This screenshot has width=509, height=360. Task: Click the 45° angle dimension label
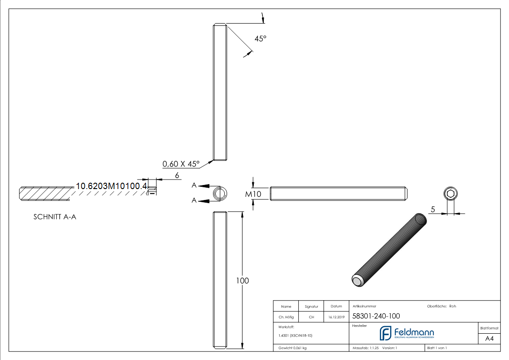pos(260,39)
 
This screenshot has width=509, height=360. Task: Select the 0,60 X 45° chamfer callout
pos(181,164)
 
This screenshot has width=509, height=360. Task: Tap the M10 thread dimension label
pos(254,194)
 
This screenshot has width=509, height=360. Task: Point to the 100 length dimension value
pos(242,281)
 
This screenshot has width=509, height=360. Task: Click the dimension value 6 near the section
pos(177,175)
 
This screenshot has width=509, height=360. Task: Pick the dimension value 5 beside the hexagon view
pos(433,209)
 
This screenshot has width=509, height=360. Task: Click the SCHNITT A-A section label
pos(54,217)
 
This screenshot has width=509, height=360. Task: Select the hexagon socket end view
pos(450,194)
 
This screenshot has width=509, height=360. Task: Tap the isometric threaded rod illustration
pos(390,250)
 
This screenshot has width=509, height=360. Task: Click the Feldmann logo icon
pos(386,333)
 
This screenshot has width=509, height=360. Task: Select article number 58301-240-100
pos(376,316)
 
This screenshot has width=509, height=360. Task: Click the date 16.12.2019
pos(336,317)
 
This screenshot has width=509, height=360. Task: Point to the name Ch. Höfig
pos(286,317)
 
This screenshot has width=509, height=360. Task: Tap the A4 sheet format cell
pos(490,339)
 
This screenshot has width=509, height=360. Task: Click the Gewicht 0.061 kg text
pos(292,348)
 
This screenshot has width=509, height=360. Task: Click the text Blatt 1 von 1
pos(437,348)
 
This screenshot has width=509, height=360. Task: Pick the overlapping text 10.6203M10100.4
pos(111,186)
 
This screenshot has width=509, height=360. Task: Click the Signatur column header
pos(311,306)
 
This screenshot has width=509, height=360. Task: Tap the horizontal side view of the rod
pos(339,194)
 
